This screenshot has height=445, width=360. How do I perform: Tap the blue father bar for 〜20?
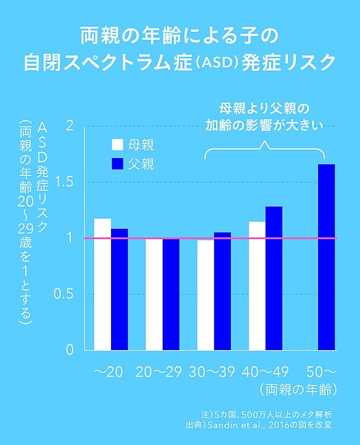click(119, 289)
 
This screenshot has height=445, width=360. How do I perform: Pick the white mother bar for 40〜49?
click(257, 286)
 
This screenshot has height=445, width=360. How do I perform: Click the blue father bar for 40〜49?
click(274, 278)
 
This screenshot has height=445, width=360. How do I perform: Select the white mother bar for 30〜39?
click(206, 295)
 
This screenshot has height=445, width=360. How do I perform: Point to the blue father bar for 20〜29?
click(171, 294)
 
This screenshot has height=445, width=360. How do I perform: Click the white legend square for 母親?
click(118, 145)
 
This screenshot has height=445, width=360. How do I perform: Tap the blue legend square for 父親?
click(118, 163)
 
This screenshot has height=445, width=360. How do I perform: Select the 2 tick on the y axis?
click(70, 126)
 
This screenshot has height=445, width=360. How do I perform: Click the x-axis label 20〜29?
click(158, 371)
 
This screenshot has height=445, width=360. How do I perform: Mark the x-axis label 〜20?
click(109, 371)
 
